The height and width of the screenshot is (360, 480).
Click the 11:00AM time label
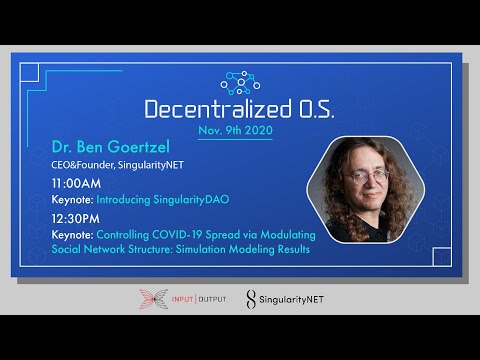pyautogui.click(x=76, y=184)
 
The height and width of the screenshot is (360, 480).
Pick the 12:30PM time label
pyautogui.click(x=76, y=217)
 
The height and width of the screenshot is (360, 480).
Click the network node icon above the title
pyautogui.click(x=240, y=81)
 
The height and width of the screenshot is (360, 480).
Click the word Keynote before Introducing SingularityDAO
pyautogui.click(x=71, y=200)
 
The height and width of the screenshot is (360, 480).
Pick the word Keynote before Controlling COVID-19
pyautogui.click(x=71, y=233)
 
